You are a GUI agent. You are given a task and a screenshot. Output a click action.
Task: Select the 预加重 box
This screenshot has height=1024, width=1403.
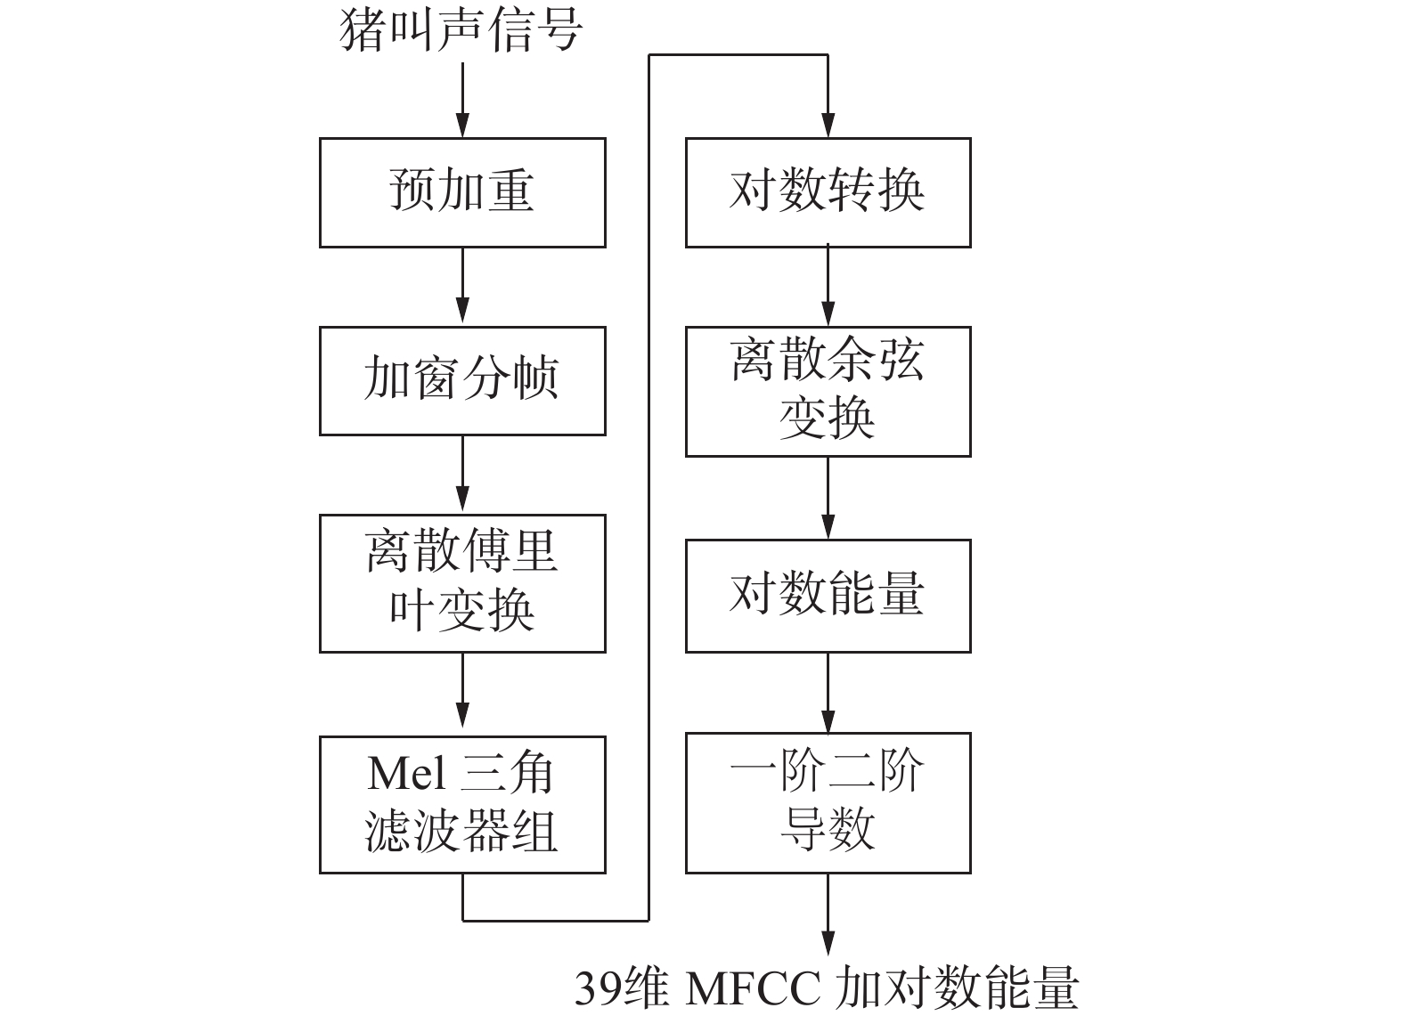pos(462,192)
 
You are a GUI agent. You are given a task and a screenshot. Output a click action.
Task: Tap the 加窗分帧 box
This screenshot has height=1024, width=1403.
pos(462,380)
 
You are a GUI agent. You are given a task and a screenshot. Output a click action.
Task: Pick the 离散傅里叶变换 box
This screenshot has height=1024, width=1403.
pos(462,582)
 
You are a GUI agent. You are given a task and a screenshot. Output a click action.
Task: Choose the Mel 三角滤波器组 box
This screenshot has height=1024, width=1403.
pos(462,804)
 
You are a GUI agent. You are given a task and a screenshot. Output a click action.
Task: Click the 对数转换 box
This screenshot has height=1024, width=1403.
pos(828,192)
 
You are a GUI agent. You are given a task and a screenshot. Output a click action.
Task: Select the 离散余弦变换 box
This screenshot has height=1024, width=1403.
pos(828,391)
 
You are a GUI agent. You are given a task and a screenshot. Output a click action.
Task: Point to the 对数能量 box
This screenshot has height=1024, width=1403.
pos(828,595)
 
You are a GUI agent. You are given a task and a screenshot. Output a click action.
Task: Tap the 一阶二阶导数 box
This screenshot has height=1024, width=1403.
pos(828,802)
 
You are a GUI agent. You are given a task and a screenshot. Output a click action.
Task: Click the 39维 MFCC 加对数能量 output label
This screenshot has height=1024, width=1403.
pos(827,987)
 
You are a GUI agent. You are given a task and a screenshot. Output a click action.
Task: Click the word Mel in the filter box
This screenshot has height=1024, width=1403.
pos(406,774)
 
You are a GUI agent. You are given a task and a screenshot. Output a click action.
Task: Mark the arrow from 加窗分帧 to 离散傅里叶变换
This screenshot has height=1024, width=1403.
pos(462,475)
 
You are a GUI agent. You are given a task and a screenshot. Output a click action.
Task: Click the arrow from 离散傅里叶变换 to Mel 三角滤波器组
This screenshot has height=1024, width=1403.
pos(462,694)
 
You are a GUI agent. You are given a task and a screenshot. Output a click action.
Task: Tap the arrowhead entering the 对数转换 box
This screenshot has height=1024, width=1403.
pos(828,126)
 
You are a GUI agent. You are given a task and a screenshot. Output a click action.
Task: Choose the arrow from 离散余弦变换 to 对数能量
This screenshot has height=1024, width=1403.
pos(828,498)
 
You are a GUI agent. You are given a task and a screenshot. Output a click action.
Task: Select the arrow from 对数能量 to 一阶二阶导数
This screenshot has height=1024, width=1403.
pos(828,693)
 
